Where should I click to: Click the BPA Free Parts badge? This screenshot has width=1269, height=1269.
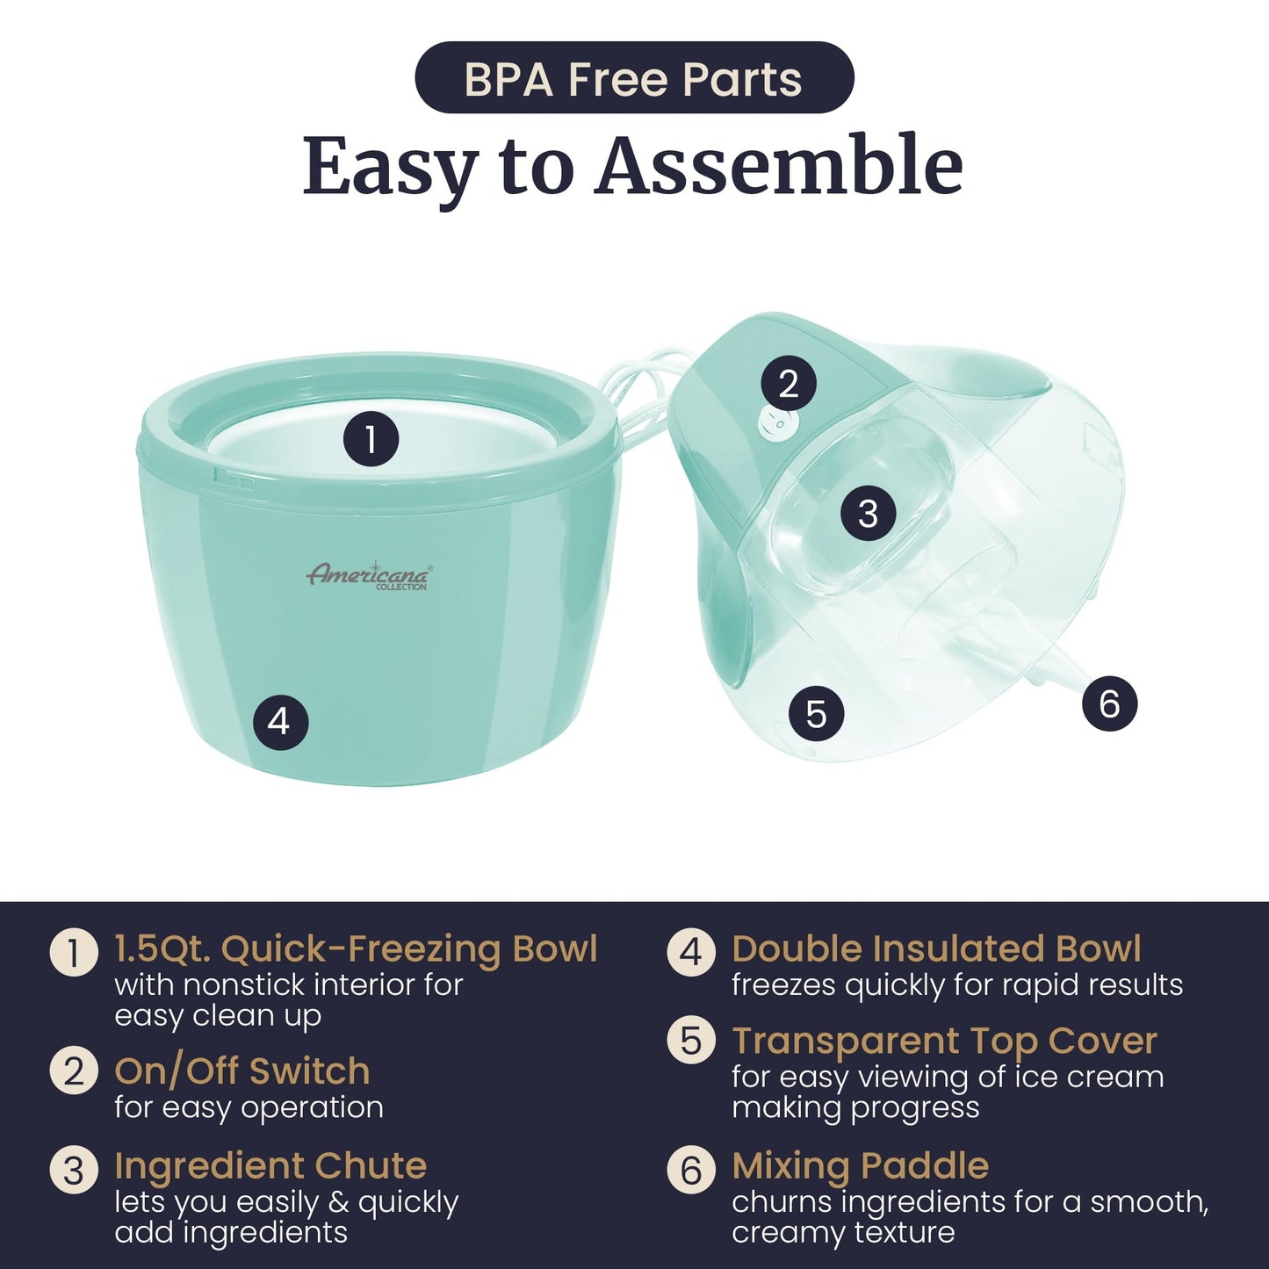(634, 77)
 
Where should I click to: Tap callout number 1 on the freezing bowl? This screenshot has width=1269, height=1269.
(371, 439)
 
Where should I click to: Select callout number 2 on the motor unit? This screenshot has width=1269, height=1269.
(789, 383)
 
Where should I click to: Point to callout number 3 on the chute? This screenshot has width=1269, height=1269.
(868, 513)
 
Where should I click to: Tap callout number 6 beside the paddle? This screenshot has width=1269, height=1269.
(1109, 704)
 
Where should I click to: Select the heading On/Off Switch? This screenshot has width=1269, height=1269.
(242, 1071)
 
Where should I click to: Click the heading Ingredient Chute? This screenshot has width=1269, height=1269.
(270, 1165)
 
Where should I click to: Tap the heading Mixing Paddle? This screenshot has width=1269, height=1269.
(860, 1165)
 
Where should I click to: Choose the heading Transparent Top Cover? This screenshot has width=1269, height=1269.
(944, 1042)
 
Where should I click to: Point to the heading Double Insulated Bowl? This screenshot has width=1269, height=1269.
(936, 949)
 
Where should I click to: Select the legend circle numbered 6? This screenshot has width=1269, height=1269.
(691, 1171)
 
